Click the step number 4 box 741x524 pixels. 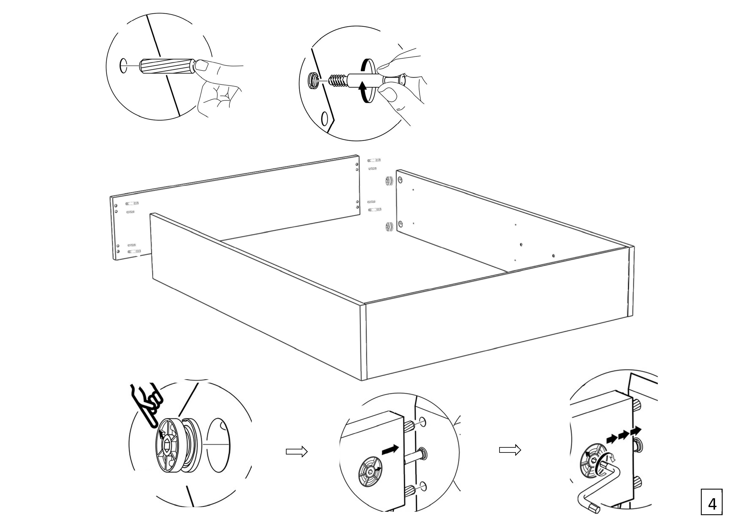coord(712,502)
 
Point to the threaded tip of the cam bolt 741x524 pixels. coord(338,80)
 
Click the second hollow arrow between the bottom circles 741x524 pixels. coord(510,450)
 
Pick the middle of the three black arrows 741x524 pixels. coord(624,435)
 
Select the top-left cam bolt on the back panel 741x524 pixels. coord(132,203)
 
